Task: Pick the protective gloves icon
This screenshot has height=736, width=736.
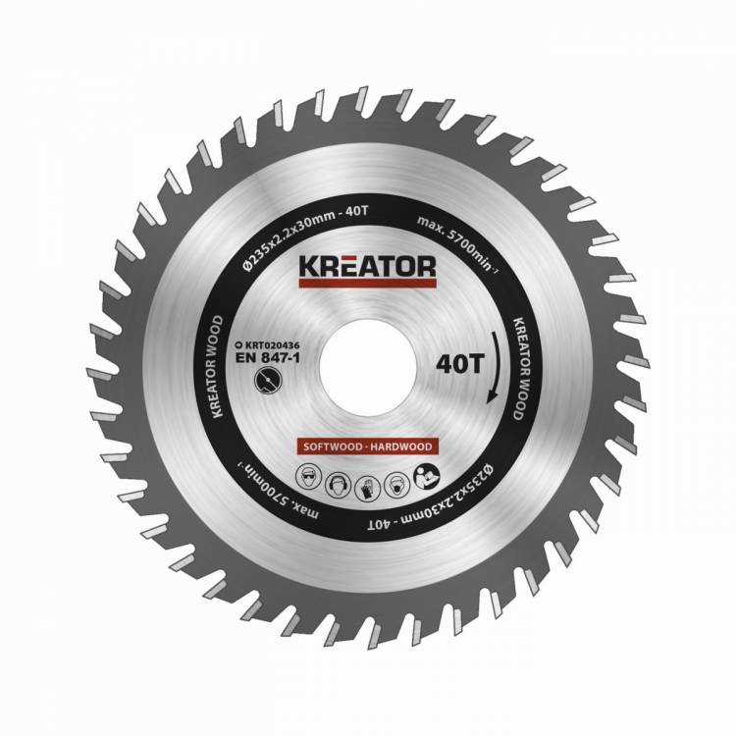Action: (367, 487)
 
